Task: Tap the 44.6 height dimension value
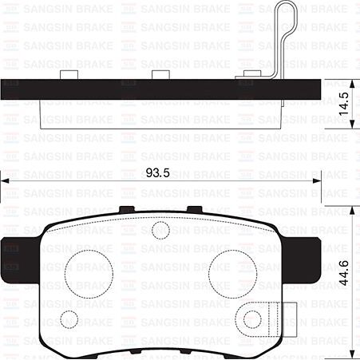point(344,275)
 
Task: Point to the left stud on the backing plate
point(68,75)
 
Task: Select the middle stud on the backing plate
point(162,75)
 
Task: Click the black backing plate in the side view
point(160,89)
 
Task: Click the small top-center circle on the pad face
point(160,231)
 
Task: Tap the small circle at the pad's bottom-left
point(70,318)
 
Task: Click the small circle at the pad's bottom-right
point(252,319)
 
